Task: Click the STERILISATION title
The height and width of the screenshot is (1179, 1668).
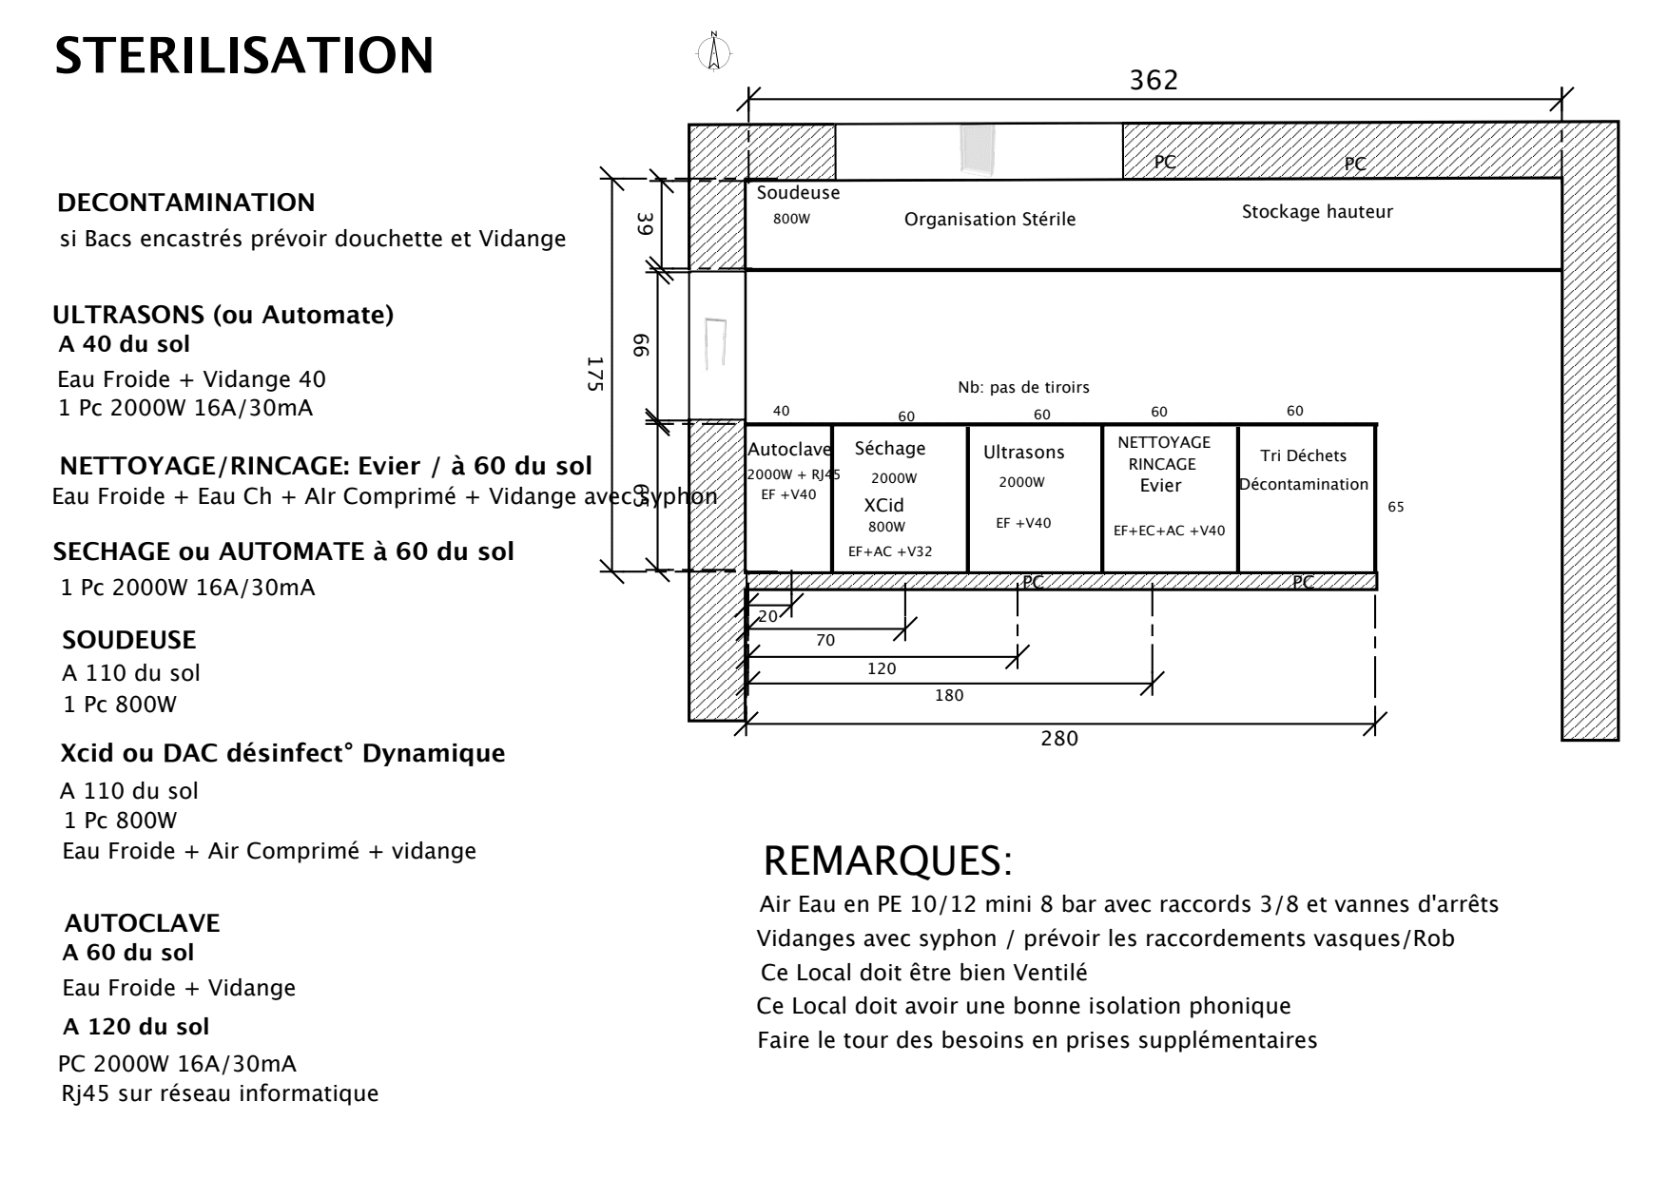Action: point(244,56)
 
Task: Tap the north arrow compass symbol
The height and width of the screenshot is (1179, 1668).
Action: point(714,52)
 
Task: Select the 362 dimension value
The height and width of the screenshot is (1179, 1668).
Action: point(1154,81)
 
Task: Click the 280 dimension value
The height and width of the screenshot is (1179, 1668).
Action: point(1059,739)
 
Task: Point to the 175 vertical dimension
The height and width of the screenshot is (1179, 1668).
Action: point(595,374)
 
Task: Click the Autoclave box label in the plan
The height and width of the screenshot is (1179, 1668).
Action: point(789,450)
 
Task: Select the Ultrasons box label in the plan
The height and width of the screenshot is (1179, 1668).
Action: point(1023,453)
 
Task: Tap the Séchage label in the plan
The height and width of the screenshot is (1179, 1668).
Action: point(889,449)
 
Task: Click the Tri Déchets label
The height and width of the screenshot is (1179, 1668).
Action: point(1303,456)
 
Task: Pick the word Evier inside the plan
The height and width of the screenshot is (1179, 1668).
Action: point(1160,486)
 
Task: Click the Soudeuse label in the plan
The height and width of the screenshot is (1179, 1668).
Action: point(798,193)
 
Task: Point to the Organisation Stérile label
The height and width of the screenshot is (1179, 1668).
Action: point(989,220)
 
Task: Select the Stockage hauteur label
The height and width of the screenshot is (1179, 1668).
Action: point(1317,212)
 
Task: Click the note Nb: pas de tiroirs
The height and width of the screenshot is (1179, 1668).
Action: point(1023,388)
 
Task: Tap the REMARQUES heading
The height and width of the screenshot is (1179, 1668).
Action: point(887,861)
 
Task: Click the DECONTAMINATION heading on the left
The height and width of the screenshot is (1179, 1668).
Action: point(186,203)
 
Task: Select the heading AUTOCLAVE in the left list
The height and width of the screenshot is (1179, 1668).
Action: point(142,923)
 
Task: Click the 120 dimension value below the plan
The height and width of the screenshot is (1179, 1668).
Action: point(882,669)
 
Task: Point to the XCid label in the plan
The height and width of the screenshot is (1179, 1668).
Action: point(883,506)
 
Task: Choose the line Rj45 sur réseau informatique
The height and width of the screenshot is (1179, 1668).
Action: point(220,1093)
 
